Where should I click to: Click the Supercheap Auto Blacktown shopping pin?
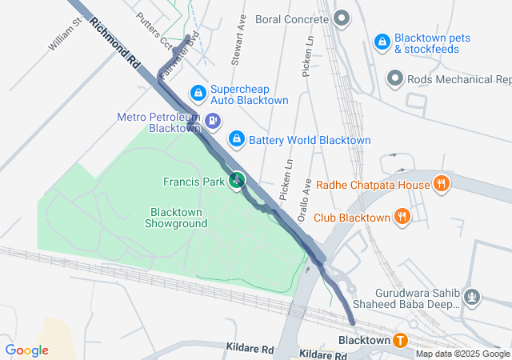197,94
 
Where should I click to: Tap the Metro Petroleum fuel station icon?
213,122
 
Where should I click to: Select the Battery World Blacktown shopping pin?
236,140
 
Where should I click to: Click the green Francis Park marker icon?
236,182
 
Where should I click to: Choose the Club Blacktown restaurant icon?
402,217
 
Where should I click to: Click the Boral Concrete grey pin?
342,18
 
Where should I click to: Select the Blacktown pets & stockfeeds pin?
382,40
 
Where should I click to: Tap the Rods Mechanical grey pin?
394,78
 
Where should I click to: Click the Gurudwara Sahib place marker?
472,298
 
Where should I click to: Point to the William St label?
65,36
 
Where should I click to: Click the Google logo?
26,350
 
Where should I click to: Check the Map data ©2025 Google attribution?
462,354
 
